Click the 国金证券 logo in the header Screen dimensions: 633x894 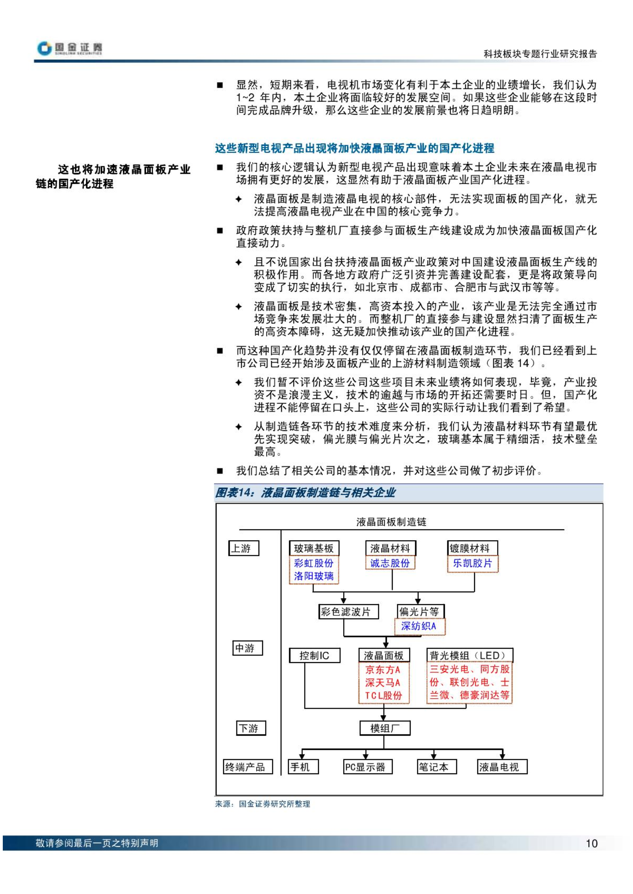[x=69, y=48]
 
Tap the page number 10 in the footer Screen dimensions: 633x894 [x=591, y=844]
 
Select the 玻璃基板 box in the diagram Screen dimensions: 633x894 [x=314, y=548]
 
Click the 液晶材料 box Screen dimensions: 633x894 [x=390, y=548]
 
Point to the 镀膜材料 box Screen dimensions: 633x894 [x=472, y=548]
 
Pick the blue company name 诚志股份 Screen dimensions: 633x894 [x=390, y=563]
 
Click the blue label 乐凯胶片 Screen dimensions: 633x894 [x=473, y=563]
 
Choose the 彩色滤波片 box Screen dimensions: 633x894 [x=349, y=611]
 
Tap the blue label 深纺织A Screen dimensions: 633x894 [x=419, y=626]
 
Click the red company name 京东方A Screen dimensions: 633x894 [x=383, y=670]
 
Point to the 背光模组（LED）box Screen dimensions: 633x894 [x=470, y=655]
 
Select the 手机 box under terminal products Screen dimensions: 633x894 [x=303, y=767]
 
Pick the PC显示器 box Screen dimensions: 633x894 [x=368, y=767]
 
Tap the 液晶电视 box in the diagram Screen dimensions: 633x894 [x=502, y=767]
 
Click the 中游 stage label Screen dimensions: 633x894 [x=247, y=648]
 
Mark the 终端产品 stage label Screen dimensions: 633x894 [x=248, y=767]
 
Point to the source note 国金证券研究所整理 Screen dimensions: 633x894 [x=274, y=804]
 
